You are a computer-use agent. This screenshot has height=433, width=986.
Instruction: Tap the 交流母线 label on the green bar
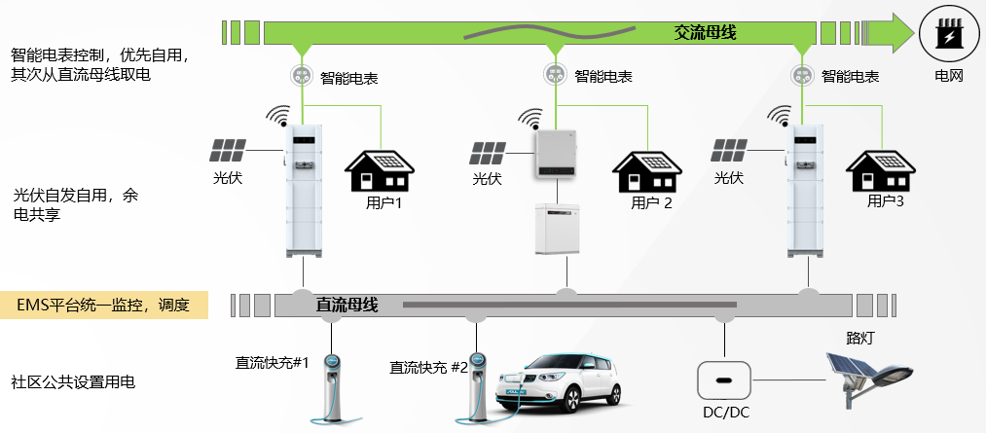[x=705, y=33]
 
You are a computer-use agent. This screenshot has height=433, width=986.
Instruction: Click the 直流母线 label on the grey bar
[x=347, y=305]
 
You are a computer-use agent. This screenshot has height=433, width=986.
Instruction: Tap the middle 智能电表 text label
[x=603, y=75]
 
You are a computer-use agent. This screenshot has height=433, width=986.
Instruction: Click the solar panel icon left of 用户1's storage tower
[x=229, y=151]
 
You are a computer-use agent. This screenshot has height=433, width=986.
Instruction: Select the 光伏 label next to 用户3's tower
[x=729, y=178]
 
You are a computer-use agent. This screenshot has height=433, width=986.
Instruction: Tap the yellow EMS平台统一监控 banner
[x=105, y=305]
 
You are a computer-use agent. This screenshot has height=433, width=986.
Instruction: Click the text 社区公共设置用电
[x=72, y=381]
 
